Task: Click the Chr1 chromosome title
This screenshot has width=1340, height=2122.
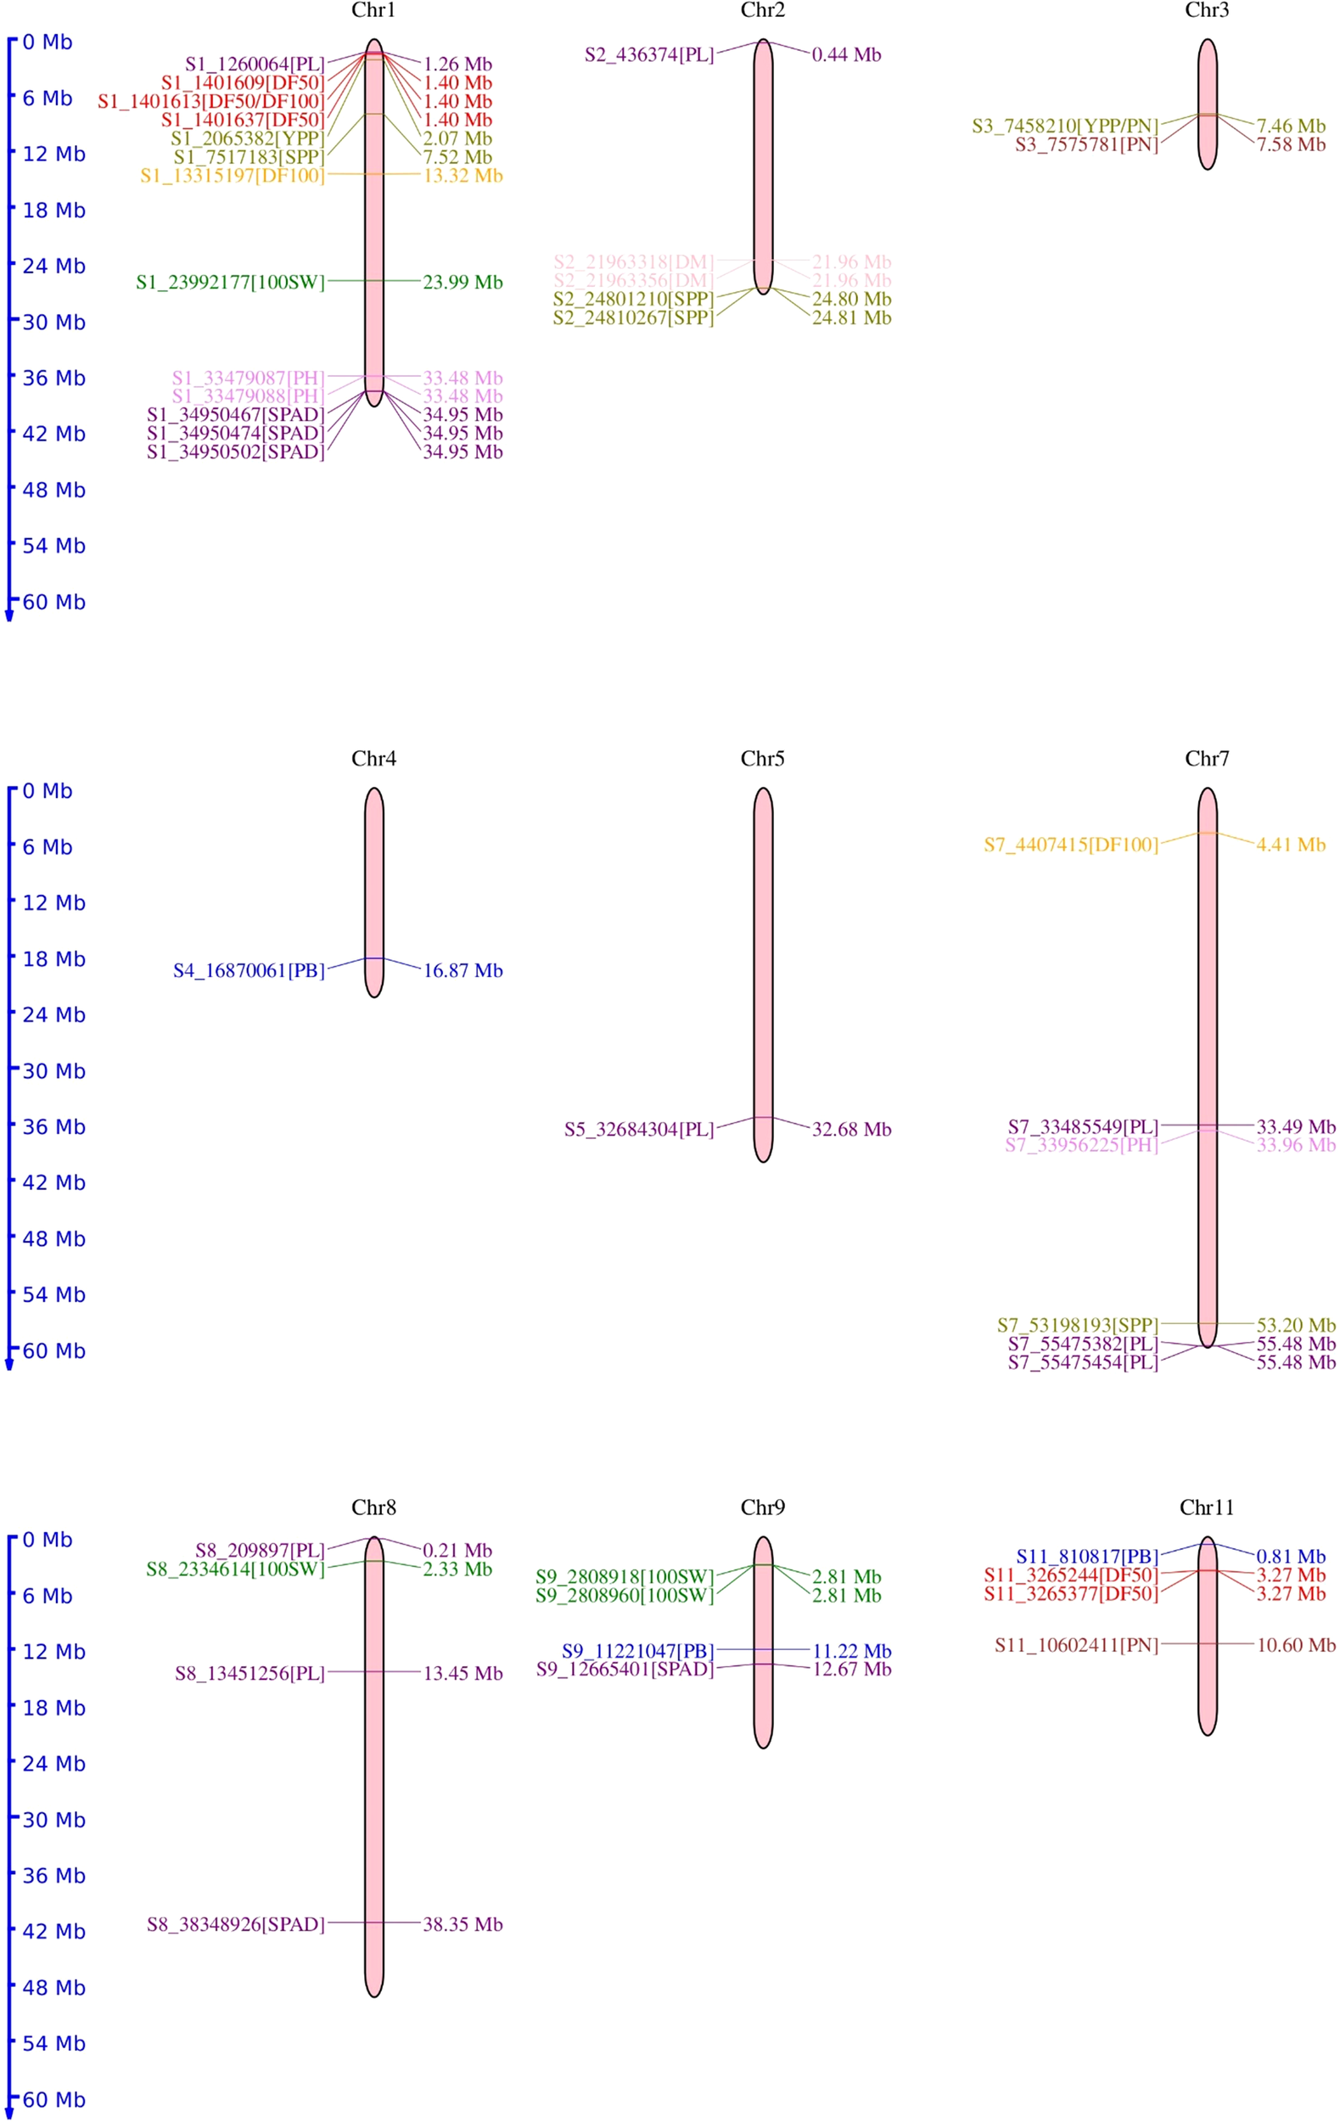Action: (x=373, y=10)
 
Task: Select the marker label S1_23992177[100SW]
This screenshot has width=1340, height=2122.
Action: (x=230, y=283)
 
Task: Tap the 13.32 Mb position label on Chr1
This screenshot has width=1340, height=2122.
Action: (x=463, y=177)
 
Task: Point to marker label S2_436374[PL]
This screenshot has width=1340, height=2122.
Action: (x=649, y=54)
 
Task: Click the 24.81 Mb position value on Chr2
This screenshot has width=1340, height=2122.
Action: (x=851, y=318)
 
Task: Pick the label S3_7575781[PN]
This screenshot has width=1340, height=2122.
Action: (x=1086, y=144)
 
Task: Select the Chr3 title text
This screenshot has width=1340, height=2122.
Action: (x=1206, y=10)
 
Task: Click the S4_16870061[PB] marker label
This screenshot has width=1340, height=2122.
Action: (x=249, y=971)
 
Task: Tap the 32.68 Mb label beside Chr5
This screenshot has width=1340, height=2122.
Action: (x=851, y=1130)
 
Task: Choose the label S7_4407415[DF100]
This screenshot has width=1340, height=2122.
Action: (x=1070, y=845)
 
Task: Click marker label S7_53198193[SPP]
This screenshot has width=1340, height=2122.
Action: (x=1077, y=1325)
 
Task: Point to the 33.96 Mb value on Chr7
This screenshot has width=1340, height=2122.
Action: (x=1295, y=1146)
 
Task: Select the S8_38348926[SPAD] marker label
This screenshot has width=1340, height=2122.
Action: (x=235, y=1924)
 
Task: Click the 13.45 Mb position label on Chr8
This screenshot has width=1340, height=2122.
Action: (x=463, y=1674)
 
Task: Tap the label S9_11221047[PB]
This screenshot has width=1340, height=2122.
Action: (x=637, y=1652)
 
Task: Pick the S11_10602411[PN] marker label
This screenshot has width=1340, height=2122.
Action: (x=1076, y=1645)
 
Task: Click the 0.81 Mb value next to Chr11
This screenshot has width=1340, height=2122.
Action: (x=1290, y=1558)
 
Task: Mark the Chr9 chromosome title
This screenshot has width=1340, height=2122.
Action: (x=762, y=1507)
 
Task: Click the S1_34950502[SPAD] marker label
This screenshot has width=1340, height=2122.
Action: (x=235, y=452)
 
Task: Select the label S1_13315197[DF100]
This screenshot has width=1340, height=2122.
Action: (x=232, y=177)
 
